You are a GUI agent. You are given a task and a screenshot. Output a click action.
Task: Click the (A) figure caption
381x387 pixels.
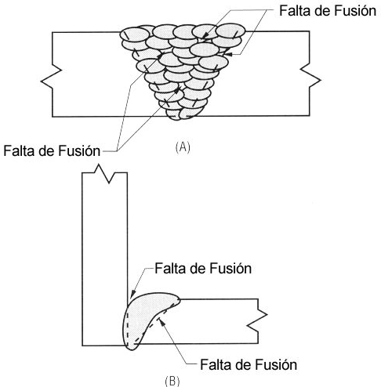(x=185, y=146)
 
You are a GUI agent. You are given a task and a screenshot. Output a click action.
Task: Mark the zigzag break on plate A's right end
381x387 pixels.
(x=311, y=77)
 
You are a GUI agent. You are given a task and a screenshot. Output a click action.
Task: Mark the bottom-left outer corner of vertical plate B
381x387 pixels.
(x=83, y=346)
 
